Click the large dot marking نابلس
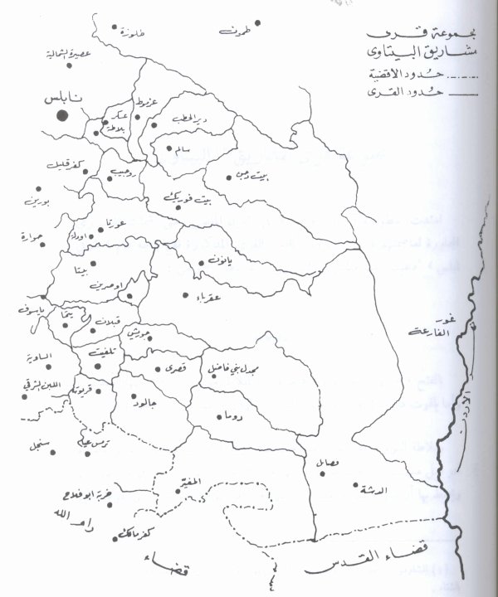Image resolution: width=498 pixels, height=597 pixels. pyautogui.click(x=61, y=114)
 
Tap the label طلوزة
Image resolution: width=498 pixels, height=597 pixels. pyautogui.click(x=132, y=34)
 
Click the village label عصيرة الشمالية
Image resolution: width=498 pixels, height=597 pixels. pyautogui.click(x=88, y=55)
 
